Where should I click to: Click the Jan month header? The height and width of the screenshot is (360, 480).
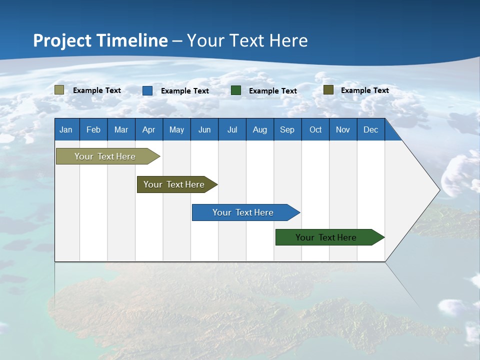pos(66,129)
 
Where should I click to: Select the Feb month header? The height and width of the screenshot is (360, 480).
pos(93,129)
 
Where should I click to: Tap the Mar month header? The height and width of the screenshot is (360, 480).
pos(121,129)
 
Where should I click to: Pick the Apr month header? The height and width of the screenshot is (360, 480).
pos(148,129)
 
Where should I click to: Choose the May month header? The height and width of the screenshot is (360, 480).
pos(176,129)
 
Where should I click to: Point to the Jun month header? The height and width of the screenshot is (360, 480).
pos(204,129)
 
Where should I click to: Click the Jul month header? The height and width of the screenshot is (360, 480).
pos(232,129)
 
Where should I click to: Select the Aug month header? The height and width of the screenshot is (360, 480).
pos(260,129)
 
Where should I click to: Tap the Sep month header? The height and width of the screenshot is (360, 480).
pos(287,129)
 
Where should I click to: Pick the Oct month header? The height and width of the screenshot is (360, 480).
pos(315,129)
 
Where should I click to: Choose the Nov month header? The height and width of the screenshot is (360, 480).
pos(343,129)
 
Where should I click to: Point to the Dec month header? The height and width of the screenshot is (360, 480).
pos(371,129)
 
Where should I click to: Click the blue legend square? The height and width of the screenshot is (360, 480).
pos(147,90)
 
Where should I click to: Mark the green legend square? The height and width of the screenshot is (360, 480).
pos(236,90)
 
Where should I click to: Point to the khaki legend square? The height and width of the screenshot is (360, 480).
pos(59,90)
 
